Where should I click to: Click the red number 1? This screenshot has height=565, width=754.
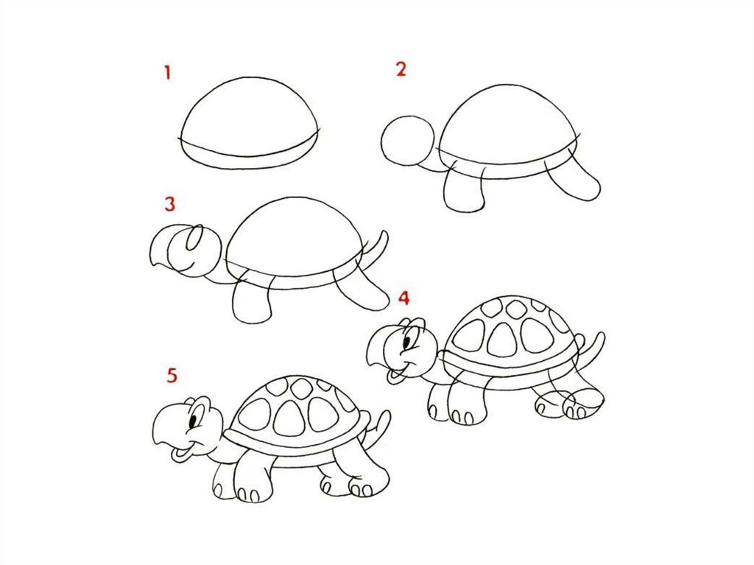point(167,73)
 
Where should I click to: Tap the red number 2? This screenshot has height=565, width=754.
point(401,69)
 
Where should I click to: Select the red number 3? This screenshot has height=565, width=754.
point(170,204)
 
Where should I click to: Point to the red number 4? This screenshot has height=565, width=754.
point(404,298)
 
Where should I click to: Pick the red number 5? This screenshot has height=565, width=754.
point(172,376)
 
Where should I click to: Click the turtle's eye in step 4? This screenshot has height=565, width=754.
point(407,343)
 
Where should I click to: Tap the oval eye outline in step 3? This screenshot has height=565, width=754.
point(194,238)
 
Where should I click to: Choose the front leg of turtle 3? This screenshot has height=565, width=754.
point(252,299)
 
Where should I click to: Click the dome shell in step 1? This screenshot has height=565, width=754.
point(250,123)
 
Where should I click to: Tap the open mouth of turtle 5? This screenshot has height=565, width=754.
point(181,453)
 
